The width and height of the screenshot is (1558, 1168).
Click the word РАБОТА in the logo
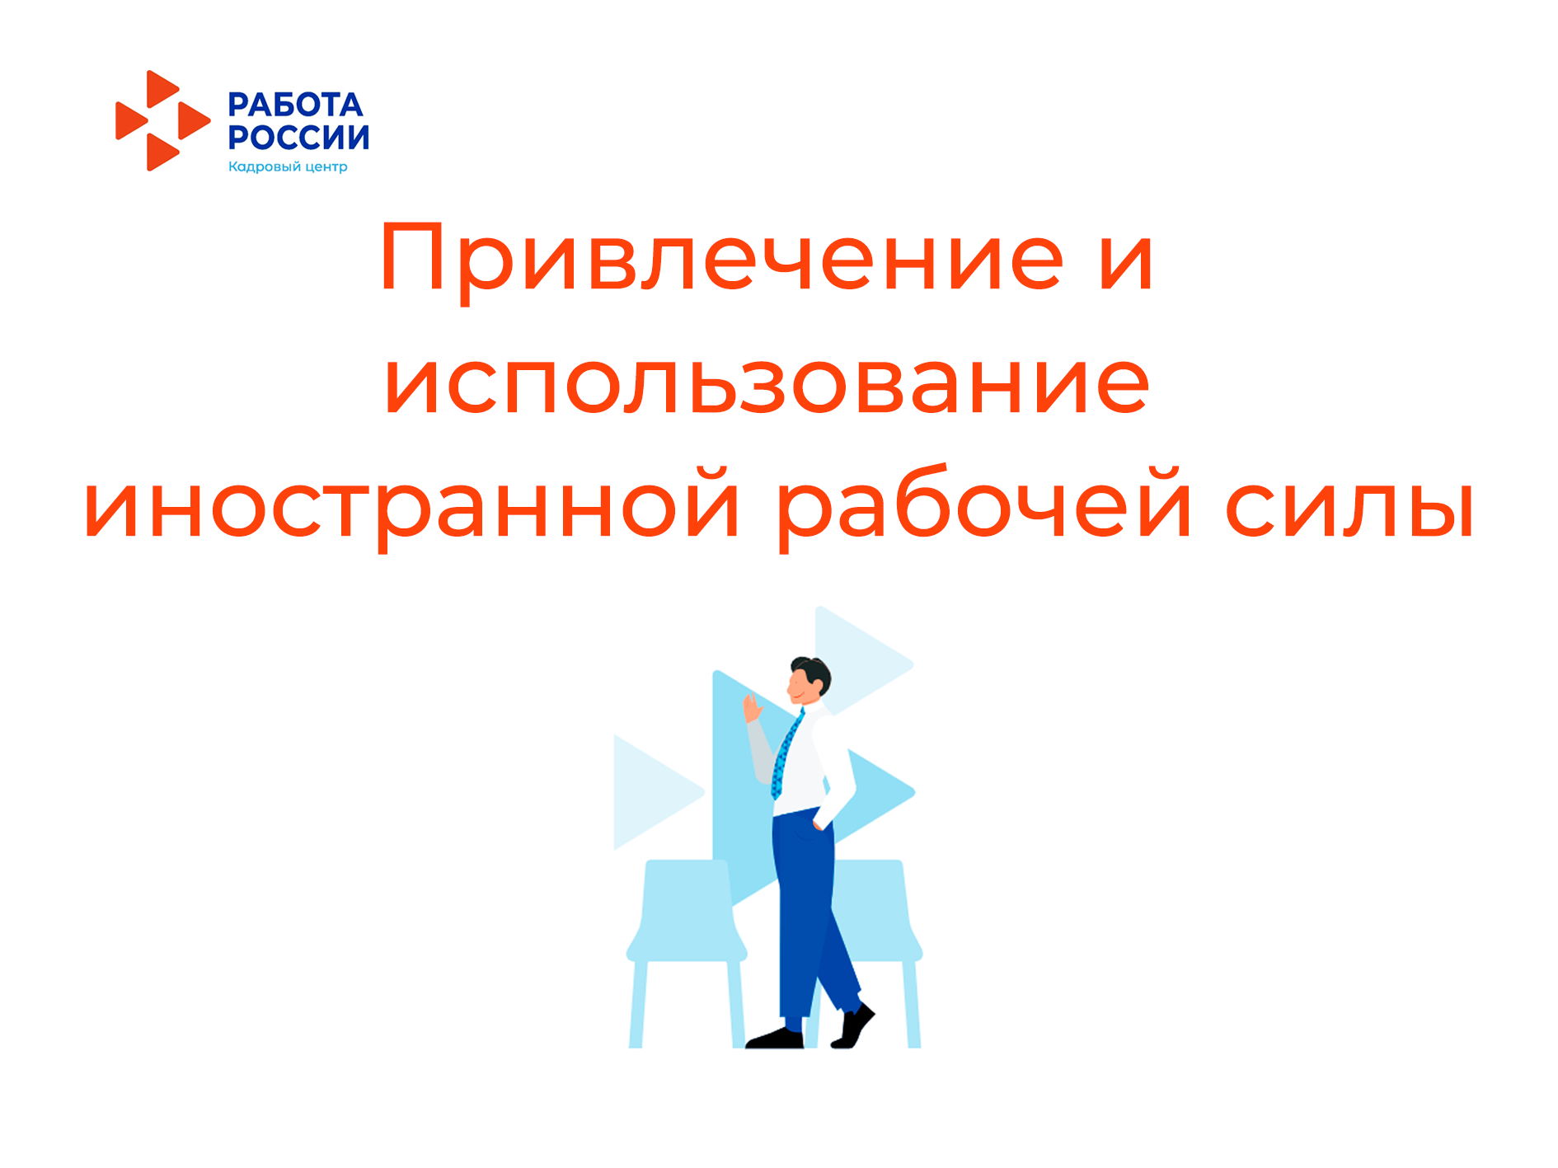[x=295, y=105]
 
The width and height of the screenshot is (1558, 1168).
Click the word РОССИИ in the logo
[x=298, y=137]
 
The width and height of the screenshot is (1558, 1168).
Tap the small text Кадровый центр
[x=288, y=167]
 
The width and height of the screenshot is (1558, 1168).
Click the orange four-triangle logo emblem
[x=162, y=120]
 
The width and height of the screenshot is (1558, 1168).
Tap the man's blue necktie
[x=786, y=754]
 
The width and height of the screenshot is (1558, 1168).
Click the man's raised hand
[x=752, y=707]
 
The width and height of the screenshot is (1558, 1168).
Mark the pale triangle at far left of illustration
[x=655, y=792]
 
